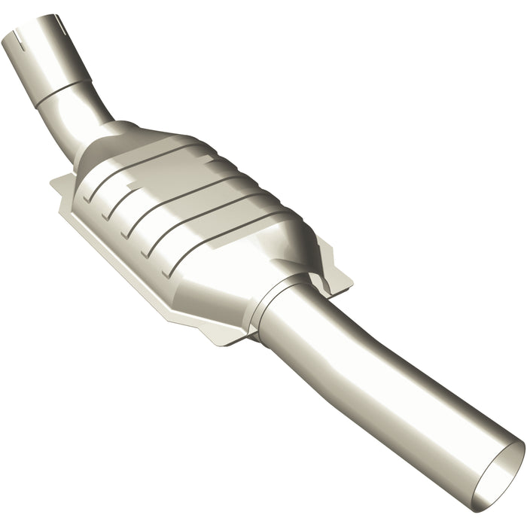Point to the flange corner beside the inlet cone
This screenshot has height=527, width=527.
coord(62,183)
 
